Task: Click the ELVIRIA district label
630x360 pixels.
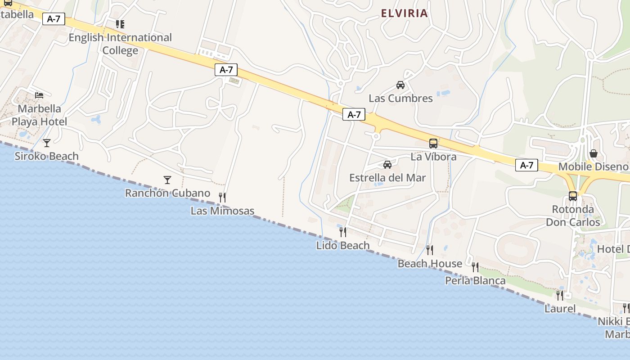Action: (404, 13)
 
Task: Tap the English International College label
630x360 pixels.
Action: (120, 44)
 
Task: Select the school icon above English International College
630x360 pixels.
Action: (120, 24)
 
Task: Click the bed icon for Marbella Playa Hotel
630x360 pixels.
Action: (40, 95)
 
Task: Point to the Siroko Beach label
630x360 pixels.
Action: (46, 156)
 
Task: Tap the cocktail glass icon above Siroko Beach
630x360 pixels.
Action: (46, 143)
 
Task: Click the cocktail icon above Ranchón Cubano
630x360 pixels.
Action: (167, 180)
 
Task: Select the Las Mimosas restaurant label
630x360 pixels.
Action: (222, 211)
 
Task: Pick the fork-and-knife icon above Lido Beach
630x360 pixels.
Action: (343, 232)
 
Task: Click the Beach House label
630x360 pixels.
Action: (430, 264)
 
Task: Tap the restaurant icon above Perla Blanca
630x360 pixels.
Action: (475, 267)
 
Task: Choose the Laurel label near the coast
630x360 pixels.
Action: (560, 309)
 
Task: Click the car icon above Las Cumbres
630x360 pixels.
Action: (400, 85)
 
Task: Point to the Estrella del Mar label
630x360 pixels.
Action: (387, 178)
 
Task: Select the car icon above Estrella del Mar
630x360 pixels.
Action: (387, 164)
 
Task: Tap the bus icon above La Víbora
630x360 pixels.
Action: (433, 144)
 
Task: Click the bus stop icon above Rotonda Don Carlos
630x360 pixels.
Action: (573, 196)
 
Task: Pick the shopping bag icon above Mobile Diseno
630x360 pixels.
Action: (594, 153)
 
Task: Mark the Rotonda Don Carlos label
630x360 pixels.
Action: (573, 216)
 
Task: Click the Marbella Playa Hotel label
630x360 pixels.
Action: (39, 115)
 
